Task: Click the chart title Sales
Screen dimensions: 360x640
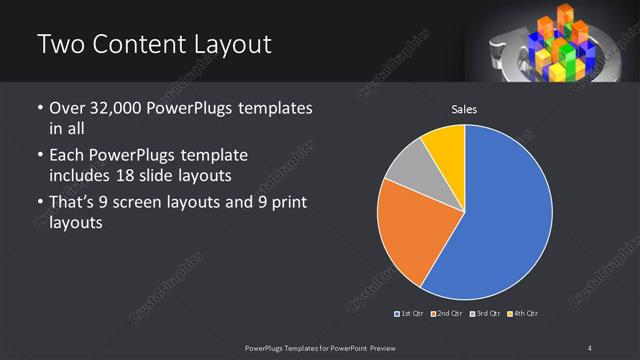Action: click(x=465, y=109)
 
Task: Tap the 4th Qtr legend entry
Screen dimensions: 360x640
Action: click(x=522, y=314)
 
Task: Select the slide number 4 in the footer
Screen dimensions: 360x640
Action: click(x=589, y=347)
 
